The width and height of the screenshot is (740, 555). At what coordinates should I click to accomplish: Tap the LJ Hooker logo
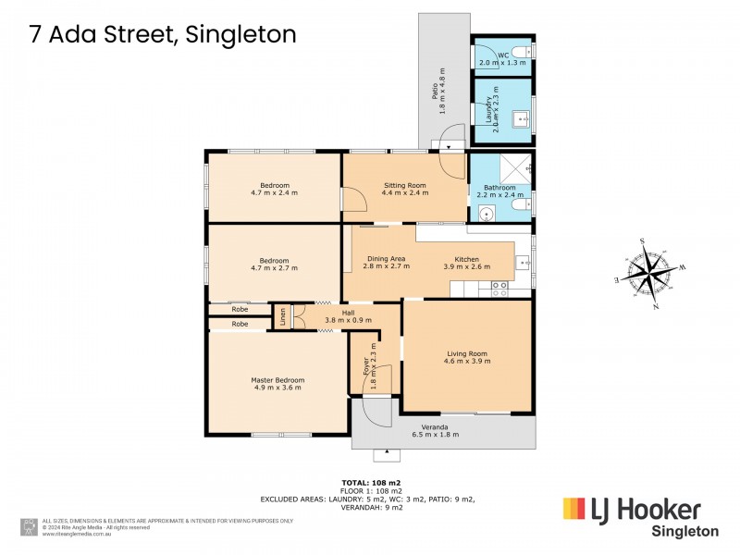pyautogui.click(x=632, y=510)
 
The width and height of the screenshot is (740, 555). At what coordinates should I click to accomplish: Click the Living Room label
pyautogui.click(x=467, y=352)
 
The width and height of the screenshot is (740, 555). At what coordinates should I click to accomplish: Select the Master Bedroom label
pyautogui.click(x=277, y=379)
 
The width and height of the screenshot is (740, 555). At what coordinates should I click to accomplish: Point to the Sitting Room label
pyautogui.click(x=404, y=185)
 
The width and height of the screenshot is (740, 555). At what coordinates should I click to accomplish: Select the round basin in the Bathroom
pyautogui.click(x=487, y=213)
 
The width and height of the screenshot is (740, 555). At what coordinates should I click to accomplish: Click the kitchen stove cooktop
pyautogui.click(x=500, y=288)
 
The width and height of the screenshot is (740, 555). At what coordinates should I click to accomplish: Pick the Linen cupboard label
pyautogui.click(x=282, y=315)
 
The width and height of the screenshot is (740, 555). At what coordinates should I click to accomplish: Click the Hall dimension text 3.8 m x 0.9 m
pyautogui.click(x=350, y=320)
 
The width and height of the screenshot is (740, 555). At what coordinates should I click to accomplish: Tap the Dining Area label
pyautogui.click(x=387, y=258)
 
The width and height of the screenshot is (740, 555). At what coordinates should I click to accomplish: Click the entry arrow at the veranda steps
pyautogui.click(x=387, y=455)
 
